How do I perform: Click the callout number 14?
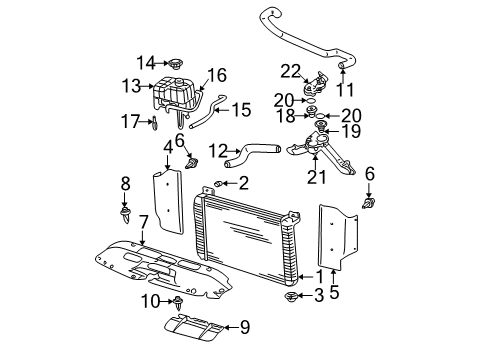[147, 63]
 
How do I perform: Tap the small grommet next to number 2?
[220, 184]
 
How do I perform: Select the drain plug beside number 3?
[293, 297]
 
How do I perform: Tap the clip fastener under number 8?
[125, 213]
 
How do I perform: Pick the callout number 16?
[218, 74]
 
